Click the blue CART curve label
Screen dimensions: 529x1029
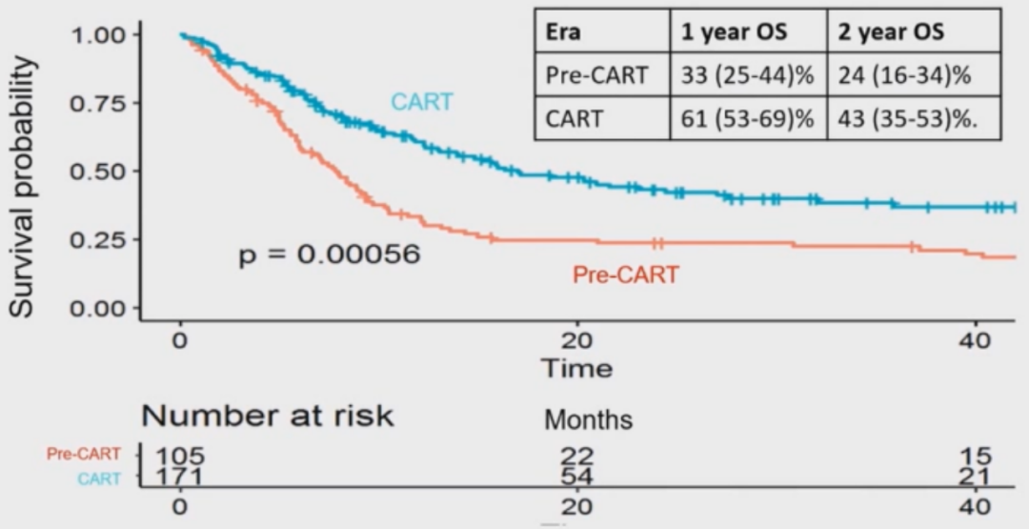tap(421, 102)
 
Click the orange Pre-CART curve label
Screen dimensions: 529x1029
tap(625, 275)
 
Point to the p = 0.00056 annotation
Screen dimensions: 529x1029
tap(329, 254)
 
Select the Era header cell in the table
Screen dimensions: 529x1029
tap(563, 31)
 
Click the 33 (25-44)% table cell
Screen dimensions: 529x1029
tap(745, 74)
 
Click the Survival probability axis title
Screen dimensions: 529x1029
tap(24, 186)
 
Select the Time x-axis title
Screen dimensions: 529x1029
tap(576, 368)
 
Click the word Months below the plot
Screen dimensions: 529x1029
tap(588, 419)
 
